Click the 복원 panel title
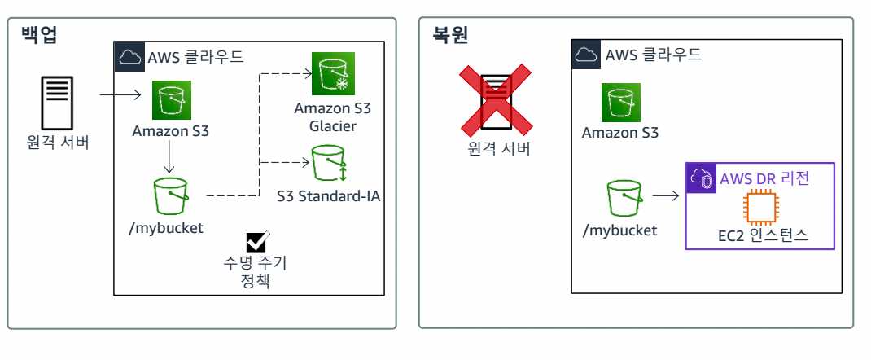[450, 37]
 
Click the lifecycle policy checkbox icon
[258, 242]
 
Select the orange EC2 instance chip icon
[760, 208]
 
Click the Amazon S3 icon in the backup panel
[171, 99]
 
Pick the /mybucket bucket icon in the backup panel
[170, 196]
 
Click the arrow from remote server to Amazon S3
[122, 96]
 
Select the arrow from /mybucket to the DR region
[666, 196]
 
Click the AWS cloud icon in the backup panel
[129, 56]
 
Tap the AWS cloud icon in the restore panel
[586, 55]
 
